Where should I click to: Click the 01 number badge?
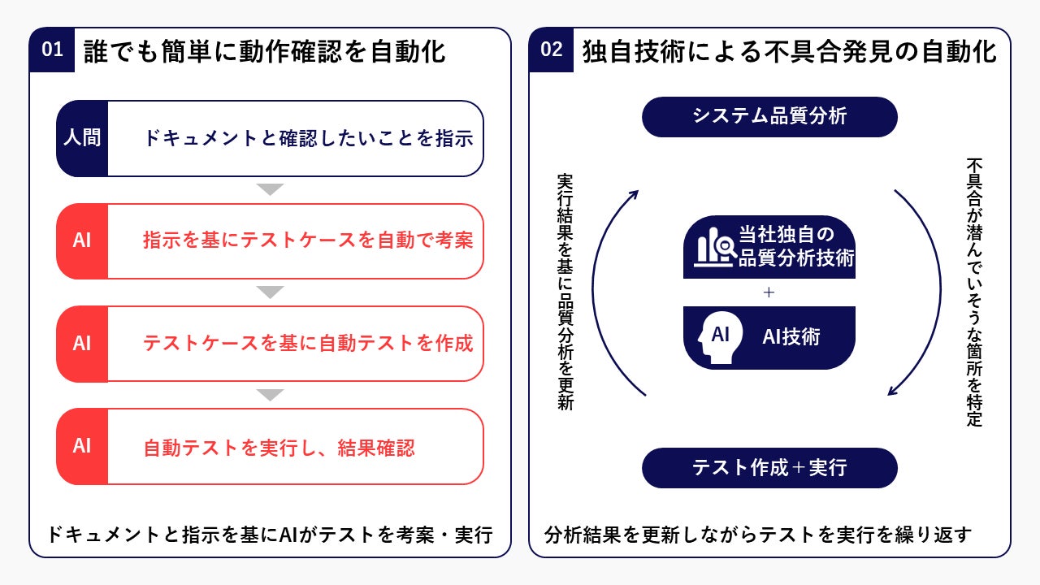(x=53, y=50)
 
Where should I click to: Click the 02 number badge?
(x=552, y=50)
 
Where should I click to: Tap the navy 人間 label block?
(x=82, y=138)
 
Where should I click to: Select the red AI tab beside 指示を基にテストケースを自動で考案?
(x=82, y=241)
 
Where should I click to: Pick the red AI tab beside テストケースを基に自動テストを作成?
(x=82, y=344)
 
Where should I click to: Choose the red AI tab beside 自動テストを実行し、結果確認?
(x=82, y=446)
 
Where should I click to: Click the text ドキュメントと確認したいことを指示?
(x=308, y=138)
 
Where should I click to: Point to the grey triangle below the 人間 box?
(x=270, y=189)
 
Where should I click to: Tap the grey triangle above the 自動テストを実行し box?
(x=270, y=395)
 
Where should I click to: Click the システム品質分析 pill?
(x=769, y=117)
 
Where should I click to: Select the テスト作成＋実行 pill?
(x=769, y=468)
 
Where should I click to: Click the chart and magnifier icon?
(x=713, y=247)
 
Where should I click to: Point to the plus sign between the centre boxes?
(x=769, y=292)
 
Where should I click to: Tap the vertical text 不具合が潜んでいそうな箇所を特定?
(x=974, y=292)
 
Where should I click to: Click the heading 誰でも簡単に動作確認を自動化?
(x=265, y=51)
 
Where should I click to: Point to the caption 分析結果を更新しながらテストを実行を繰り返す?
(x=758, y=535)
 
